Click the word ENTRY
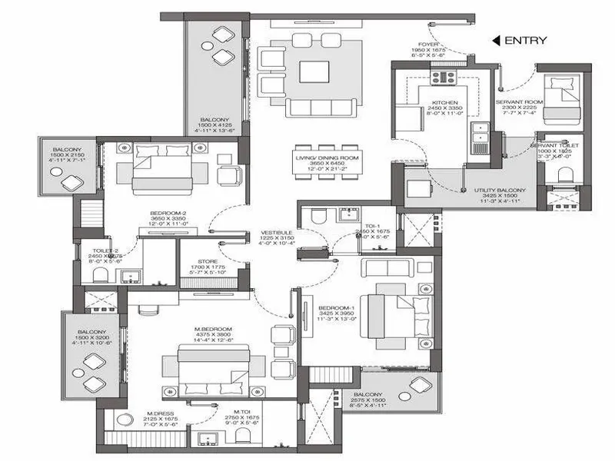click(x=526, y=41)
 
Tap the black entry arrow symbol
click(x=497, y=41)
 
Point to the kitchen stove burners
click(x=444, y=77)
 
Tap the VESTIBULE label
click(x=275, y=231)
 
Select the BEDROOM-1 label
click(x=335, y=309)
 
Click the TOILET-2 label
click(x=106, y=250)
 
